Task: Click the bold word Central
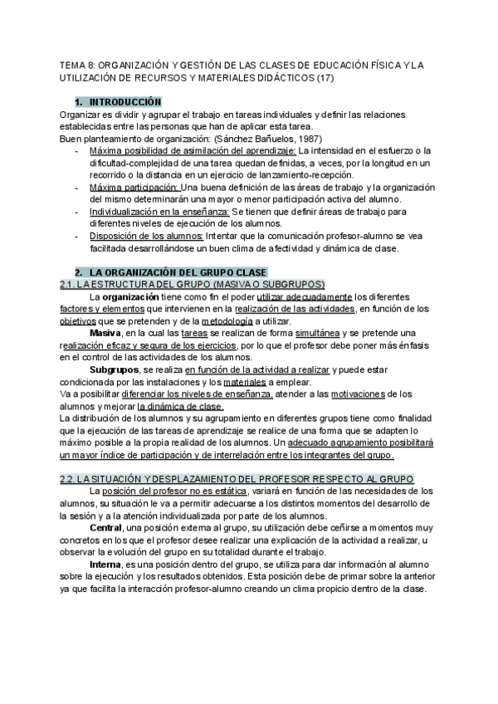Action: click(105, 528)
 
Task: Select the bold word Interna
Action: click(105, 565)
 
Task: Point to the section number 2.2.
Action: click(70, 479)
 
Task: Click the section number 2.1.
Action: click(70, 285)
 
